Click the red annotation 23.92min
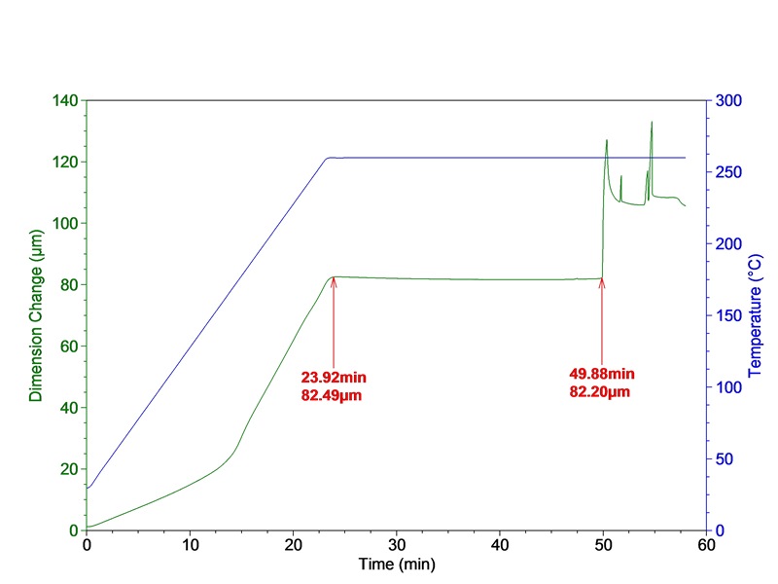[335, 377]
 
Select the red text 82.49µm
[335, 393]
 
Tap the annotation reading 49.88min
[602, 373]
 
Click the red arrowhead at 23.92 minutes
[334, 281]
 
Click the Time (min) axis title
[395, 565]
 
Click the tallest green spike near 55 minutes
[652, 123]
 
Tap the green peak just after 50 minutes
[606, 140]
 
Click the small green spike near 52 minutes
[620, 176]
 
